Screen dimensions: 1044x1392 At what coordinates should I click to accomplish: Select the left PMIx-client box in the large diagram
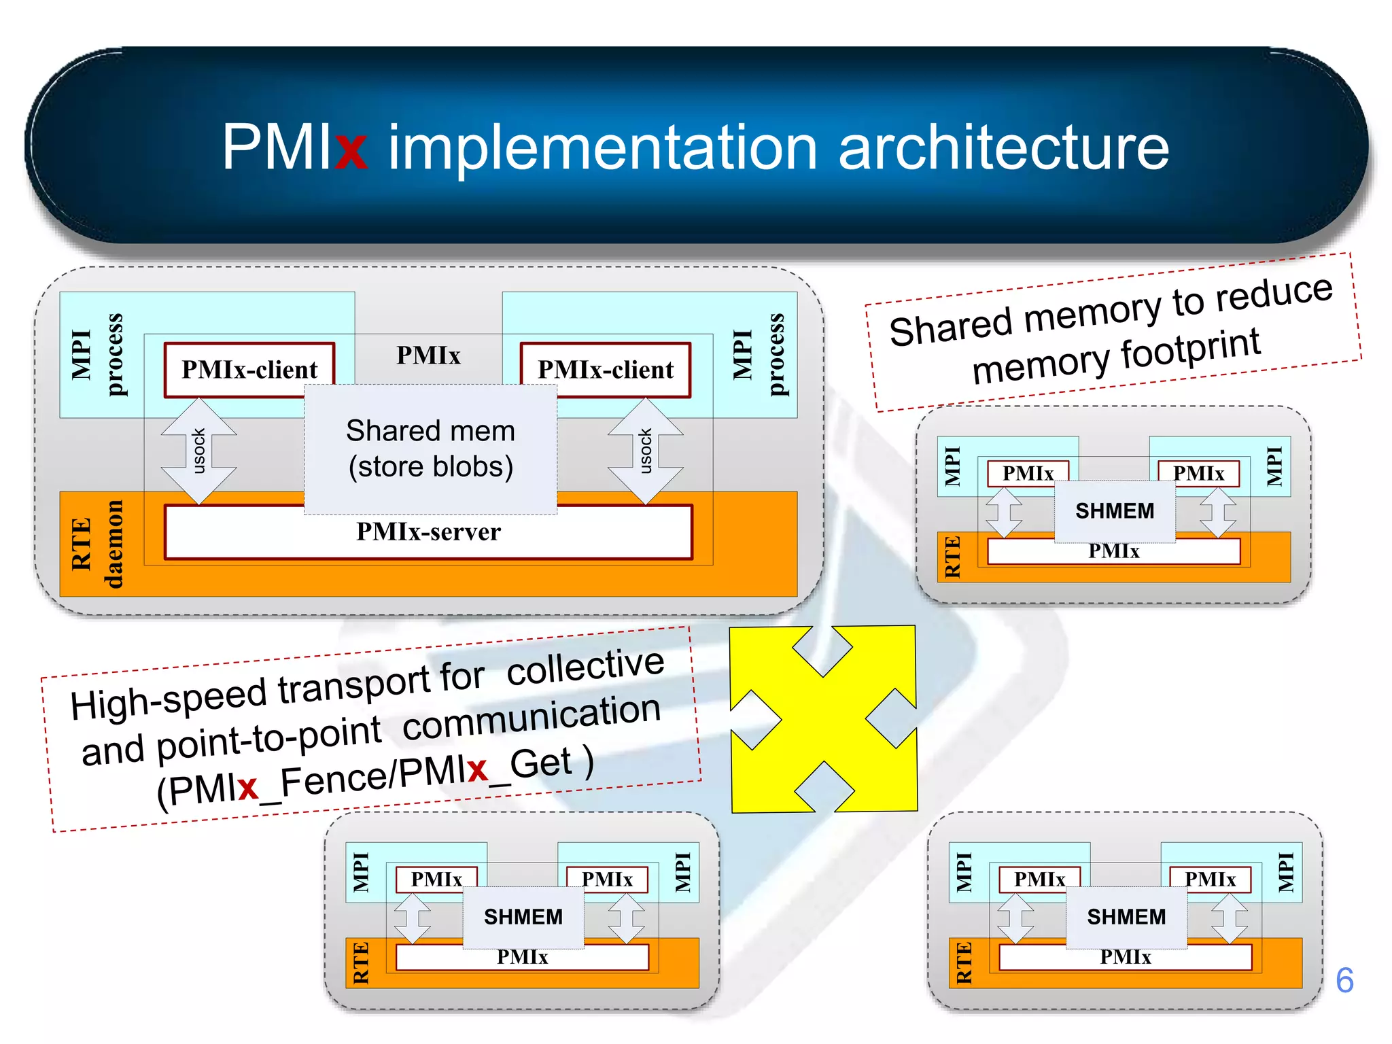(x=249, y=370)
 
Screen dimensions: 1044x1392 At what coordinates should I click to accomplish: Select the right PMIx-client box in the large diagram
(x=605, y=370)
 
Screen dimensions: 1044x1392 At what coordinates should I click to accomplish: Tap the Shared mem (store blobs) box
(x=430, y=449)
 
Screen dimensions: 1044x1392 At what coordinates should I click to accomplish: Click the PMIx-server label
(x=428, y=532)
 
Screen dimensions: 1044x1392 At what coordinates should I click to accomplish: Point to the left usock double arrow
(x=198, y=451)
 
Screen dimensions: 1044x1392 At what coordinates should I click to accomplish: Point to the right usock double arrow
(x=646, y=451)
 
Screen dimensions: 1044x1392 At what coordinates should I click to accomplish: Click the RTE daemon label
(x=97, y=544)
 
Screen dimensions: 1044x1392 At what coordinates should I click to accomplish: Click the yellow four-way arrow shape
(x=823, y=718)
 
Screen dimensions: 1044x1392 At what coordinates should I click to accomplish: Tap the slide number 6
(x=1344, y=980)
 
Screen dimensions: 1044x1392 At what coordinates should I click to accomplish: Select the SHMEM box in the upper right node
(x=1115, y=510)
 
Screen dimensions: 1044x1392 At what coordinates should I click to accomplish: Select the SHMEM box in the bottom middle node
(x=523, y=917)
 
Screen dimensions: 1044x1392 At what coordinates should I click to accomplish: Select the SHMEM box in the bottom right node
(x=1126, y=917)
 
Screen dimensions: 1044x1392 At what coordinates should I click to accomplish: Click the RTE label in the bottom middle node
(x=361, y=962)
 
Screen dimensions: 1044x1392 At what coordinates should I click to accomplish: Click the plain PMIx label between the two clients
(x=428, y=355)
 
